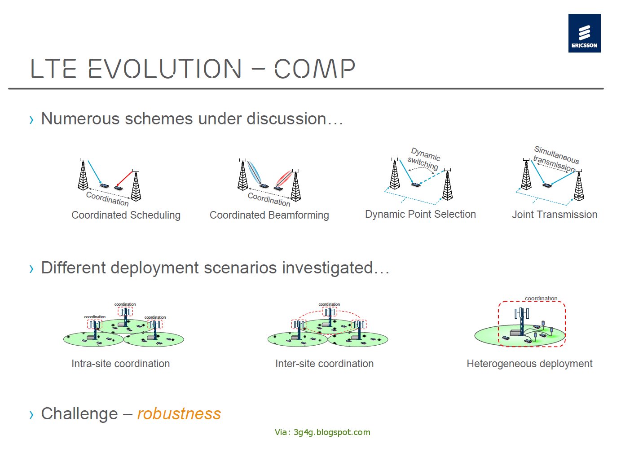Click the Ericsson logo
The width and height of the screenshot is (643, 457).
tap(584, 33)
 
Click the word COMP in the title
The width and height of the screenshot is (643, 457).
tap(314, 69)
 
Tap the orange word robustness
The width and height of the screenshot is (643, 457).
tap(179, 413)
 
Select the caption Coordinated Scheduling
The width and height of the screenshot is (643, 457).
tap(126, 215)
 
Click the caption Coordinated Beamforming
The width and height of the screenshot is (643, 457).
tap(269, 215)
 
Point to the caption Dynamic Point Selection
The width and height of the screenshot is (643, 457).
tap(420, 214)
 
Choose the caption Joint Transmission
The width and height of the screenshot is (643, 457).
tap(555, 215)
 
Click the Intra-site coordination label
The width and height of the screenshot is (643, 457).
tap(120, 364)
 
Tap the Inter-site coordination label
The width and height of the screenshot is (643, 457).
tap(324, 364)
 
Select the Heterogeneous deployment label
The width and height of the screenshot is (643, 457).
tap(529, 364)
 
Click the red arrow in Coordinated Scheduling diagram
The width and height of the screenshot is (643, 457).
tap(124, 178)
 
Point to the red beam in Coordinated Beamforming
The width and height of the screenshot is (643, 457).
tap(284, 178)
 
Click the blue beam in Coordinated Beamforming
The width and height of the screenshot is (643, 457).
tap(254, 172)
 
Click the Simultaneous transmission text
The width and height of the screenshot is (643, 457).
tap(555, 158)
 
